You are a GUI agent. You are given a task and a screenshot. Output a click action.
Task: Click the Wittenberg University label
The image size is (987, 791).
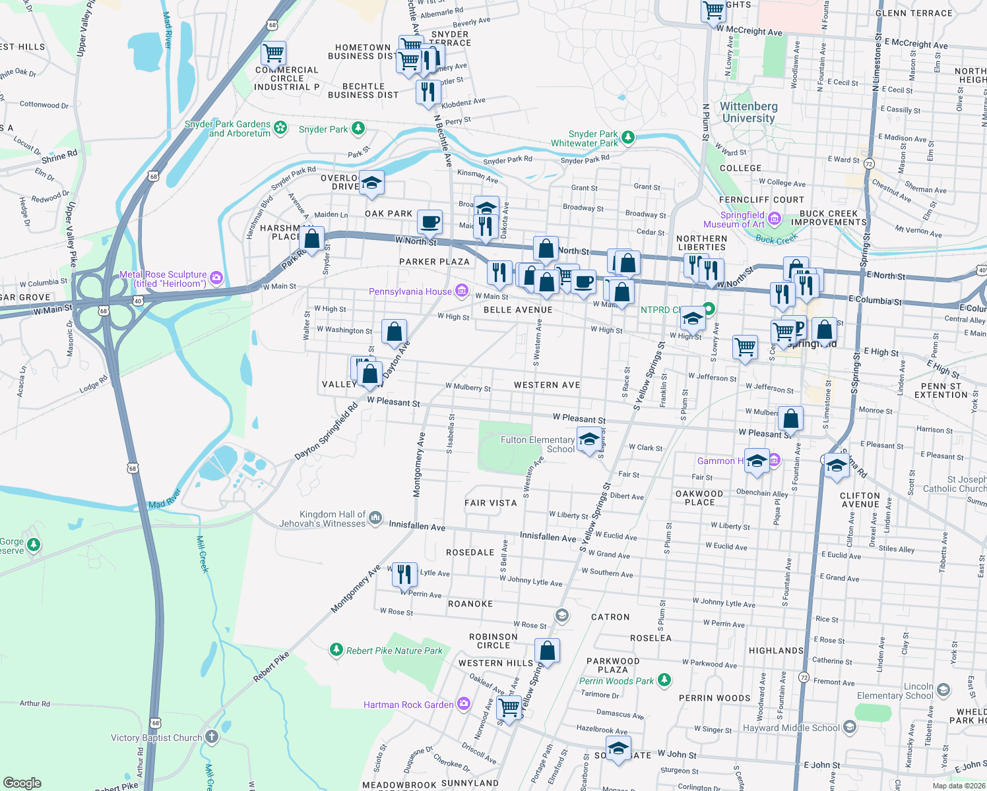(748, 112)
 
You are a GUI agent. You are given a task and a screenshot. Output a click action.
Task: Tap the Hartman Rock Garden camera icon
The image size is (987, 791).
(464, 704)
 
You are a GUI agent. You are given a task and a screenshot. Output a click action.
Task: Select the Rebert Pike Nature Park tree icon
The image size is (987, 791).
(336, 651)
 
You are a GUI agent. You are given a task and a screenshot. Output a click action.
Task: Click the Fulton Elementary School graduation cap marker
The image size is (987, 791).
(589, 439)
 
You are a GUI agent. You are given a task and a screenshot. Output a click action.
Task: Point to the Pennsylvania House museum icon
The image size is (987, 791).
(462, 291)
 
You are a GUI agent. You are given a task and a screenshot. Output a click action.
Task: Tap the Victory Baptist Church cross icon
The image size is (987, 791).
(212, 737)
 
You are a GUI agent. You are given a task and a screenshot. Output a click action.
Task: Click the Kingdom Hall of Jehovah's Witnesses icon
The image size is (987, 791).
(375, 518)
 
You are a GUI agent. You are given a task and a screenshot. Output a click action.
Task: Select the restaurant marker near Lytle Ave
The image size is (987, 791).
(404, 574)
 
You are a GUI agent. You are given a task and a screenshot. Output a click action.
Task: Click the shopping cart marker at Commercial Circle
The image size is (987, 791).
(273, 53)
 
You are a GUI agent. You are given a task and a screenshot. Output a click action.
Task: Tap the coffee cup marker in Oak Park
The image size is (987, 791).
(430, 221)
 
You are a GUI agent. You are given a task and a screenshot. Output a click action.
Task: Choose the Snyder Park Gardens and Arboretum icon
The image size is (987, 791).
(281, 127)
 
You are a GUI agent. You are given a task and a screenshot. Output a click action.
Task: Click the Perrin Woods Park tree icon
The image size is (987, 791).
(664, 680)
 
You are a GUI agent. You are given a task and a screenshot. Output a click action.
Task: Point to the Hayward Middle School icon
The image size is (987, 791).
(850, 727)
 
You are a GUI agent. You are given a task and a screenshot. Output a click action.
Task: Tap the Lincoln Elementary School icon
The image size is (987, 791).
(943, 690)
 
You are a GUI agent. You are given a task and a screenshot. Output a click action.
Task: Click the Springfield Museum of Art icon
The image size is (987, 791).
(775, 219)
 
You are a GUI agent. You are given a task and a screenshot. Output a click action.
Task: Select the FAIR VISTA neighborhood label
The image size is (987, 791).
(491, 503)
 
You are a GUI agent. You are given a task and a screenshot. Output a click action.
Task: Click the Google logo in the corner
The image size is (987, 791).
(22, 782)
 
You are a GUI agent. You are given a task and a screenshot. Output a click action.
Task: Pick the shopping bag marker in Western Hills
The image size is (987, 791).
(548, 651)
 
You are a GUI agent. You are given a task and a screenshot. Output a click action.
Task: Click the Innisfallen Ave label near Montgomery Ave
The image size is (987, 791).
(417, 526)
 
